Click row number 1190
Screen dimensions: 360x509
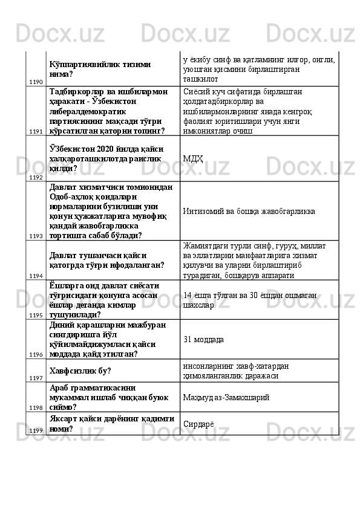point(35,81)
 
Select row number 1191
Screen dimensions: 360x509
point(35,130)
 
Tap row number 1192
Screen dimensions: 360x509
point(35,178)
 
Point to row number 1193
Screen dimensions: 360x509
point(35,236)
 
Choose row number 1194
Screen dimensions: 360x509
point(35,275)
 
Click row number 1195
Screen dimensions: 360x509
point(35,315)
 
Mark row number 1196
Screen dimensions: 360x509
point(35,354)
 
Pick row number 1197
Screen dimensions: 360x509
point(35,378)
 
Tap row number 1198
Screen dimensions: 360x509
point(35,407)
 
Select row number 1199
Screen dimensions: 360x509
point(35,430)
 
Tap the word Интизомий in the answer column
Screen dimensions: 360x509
point(203,212)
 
